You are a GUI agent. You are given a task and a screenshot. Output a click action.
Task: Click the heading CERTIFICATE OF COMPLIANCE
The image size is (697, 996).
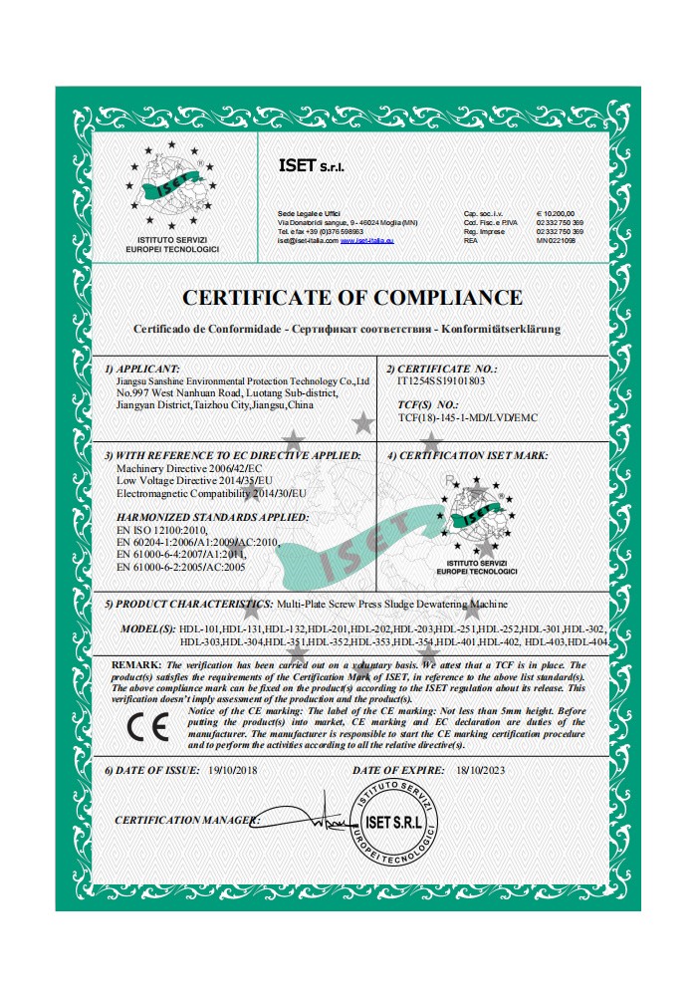351,297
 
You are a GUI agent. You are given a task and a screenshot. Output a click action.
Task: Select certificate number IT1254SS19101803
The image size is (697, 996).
441,380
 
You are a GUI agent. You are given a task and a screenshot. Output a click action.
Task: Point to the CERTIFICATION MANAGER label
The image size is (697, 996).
186,820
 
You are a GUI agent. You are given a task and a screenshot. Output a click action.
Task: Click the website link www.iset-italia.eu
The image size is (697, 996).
367,240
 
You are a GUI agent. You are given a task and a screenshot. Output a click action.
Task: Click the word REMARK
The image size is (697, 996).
135,663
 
